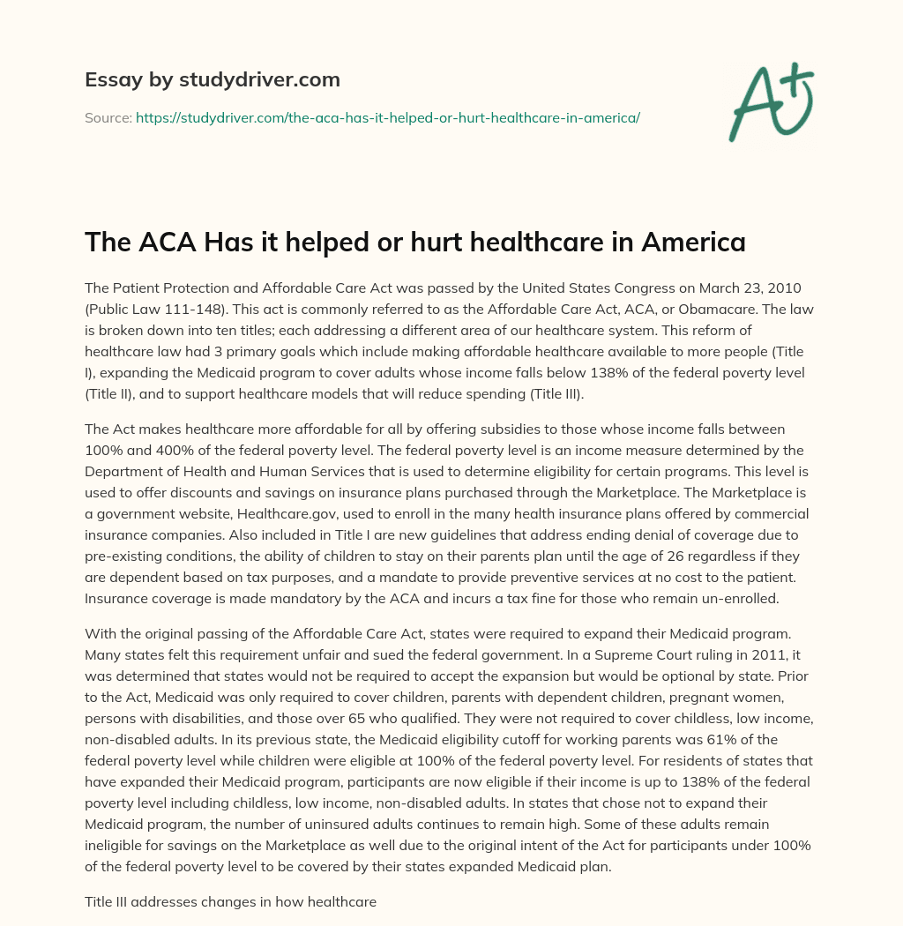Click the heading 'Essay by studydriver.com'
tap(212, 79)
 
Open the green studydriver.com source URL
tap(387, 117)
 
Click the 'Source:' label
tap(108, 117)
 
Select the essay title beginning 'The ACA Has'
tap(414, 242)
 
